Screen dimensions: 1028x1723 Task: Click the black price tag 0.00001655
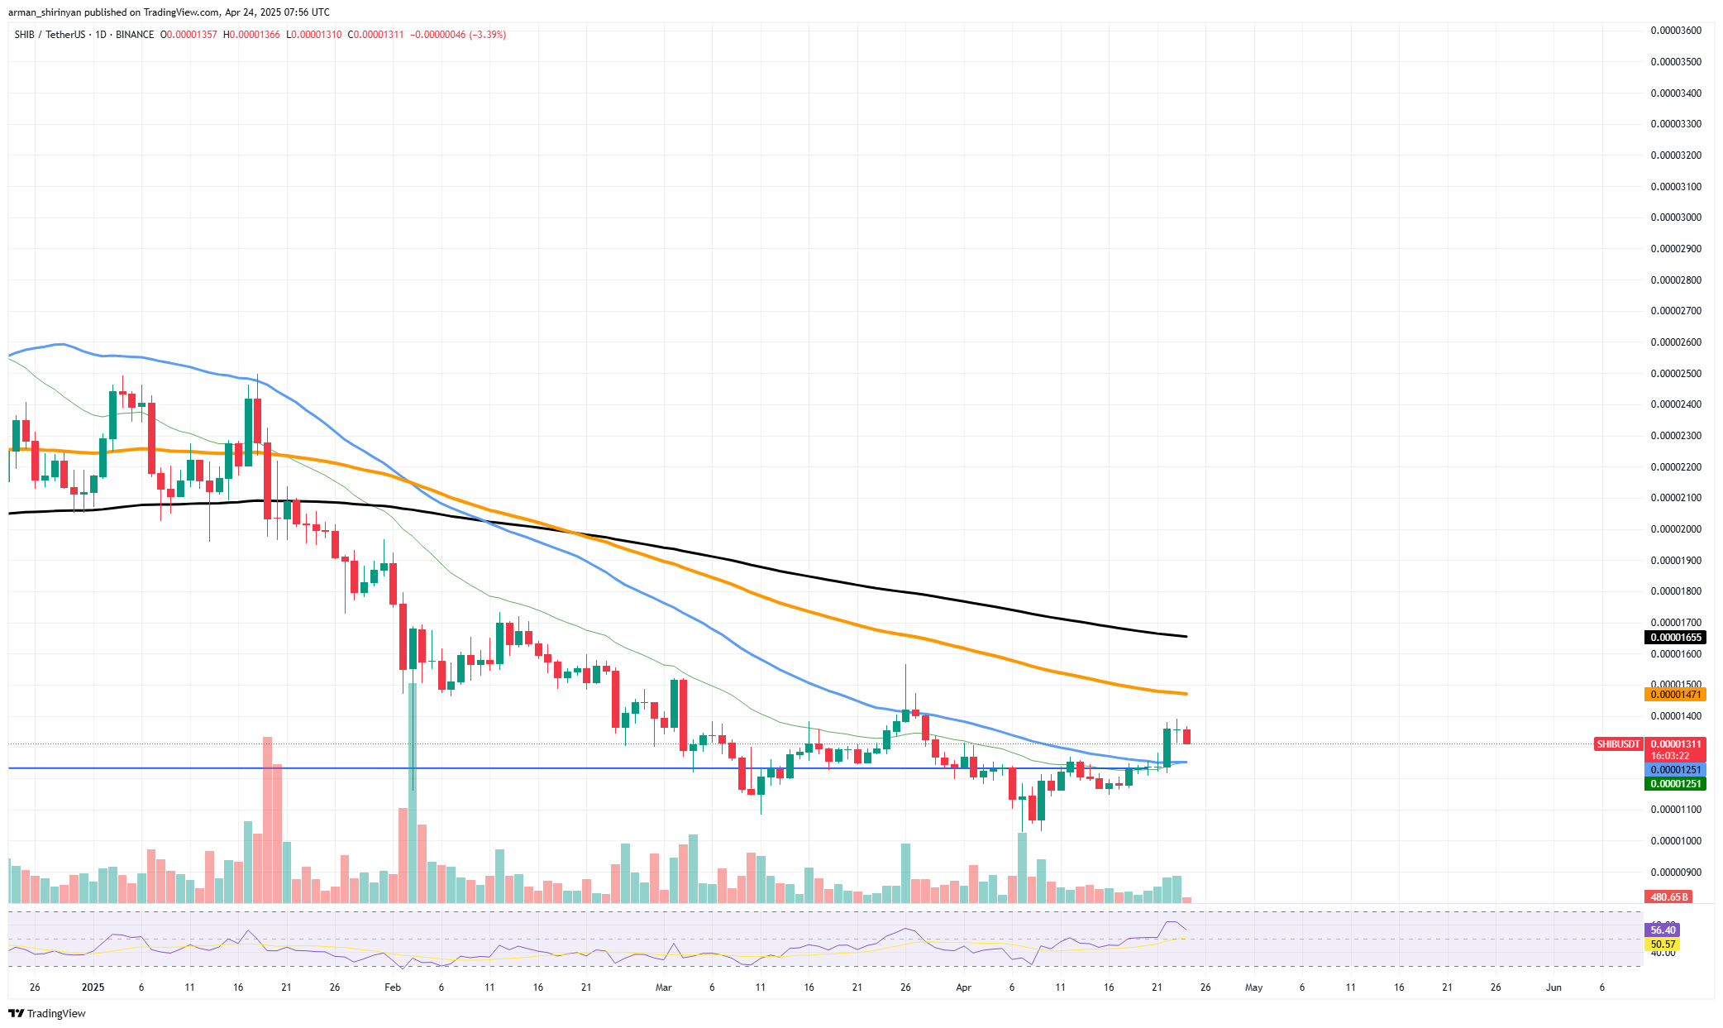pos(1674,638)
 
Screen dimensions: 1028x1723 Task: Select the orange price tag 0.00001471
pos(1674,695)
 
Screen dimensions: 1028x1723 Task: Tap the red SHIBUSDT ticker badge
pos(1618,744)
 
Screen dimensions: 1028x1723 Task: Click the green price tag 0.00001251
pos(1674,784)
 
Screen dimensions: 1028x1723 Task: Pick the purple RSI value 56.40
pos(1663,930)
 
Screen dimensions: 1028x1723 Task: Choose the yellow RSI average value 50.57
pos(1663,944)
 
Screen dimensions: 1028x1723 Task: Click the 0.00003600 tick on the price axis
pos(1676,31)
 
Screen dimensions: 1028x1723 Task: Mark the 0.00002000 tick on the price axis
pos(1676,529)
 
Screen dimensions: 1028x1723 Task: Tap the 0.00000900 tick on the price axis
pos(1676,873)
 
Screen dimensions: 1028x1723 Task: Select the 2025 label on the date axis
pos(93,987)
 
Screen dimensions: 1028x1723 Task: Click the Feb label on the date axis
pos(393,987)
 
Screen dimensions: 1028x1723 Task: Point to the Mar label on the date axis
pos(663,987)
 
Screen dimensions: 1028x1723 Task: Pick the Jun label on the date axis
pos(1554,987)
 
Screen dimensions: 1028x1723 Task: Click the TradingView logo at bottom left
pos(47,1014)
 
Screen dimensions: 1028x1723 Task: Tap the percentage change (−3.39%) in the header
pos(487,35)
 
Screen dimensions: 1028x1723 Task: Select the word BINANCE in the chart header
pos(135,35)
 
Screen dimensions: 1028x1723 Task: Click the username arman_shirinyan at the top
pos(45,12)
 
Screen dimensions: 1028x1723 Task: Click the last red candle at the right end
pos(1186,736)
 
